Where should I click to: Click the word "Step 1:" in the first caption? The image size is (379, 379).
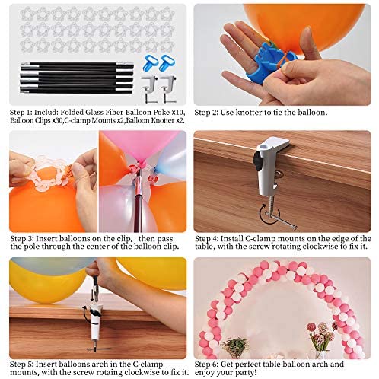[21, 113]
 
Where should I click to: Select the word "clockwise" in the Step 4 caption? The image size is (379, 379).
[320, 247]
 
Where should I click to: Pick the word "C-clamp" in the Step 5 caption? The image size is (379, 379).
[148, 365]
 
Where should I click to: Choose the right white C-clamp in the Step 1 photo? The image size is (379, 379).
[168, 88]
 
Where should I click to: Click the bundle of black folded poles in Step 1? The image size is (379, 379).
[77, 78]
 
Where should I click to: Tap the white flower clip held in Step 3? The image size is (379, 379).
[51, 174]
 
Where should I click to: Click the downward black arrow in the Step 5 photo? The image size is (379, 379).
[92, 295]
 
